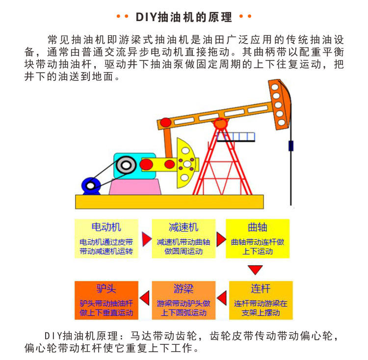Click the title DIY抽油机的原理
click(x=184, y=18)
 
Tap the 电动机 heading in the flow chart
click(x=106, y=227)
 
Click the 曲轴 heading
click(x=258, y=227)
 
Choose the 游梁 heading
click(x=183, y=288)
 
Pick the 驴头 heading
click(x=106, y=288)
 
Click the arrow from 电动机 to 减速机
click(x=146, y=239)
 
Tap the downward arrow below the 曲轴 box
click(x=255, y=269)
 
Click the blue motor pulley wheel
click(x=91, y=185)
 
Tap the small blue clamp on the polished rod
click(x=291, y=146)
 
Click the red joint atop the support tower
click(x=221, y=123)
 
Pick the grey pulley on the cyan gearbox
click(x=126, y=165)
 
